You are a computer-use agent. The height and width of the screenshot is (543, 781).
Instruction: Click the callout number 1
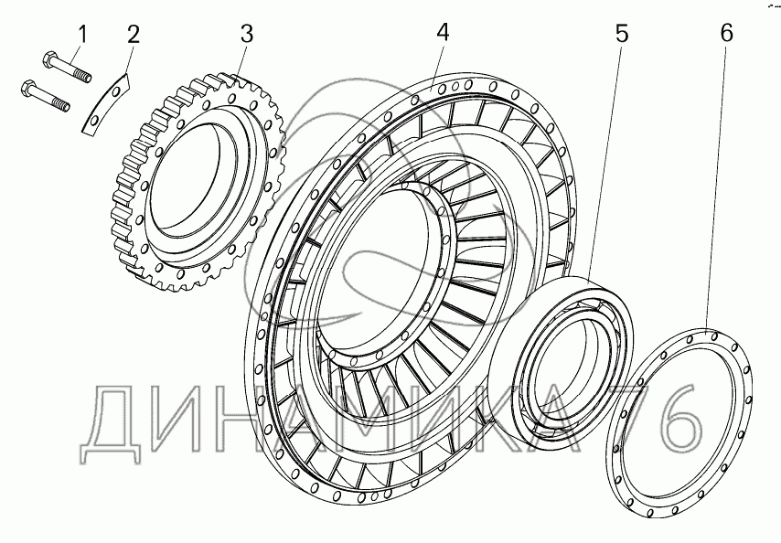coord(82,35)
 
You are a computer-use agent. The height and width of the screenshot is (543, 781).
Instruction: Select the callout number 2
coord(133,35)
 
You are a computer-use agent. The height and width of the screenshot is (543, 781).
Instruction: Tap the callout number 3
coord(247,34)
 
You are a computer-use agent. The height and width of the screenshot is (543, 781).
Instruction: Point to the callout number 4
coord(443,32)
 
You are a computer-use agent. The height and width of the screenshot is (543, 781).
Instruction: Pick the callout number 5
coord(622,34)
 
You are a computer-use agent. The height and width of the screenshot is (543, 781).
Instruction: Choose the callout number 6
coord(726,33)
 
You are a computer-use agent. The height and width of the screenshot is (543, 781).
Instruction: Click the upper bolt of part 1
coord(67,67)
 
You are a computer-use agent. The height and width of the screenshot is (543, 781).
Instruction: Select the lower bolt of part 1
coord(46,96)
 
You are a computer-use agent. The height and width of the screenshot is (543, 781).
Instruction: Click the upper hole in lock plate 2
coord(116,91)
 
